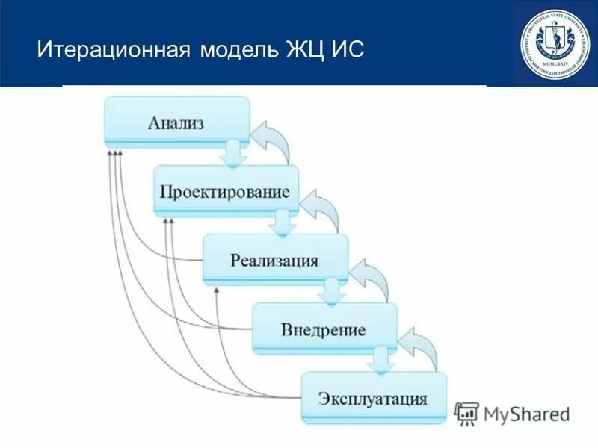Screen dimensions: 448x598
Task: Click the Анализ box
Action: tap(176, 122)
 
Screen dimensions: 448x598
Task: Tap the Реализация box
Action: tap(275, 260)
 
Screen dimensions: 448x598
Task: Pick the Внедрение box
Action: tap(324, 329)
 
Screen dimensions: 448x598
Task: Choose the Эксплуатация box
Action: tap(373, 397)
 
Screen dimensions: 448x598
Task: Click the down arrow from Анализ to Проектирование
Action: tap(232, 153)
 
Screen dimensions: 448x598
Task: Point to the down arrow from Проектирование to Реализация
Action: tap(282, 223)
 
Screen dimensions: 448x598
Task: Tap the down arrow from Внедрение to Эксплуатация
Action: tap(379, 360)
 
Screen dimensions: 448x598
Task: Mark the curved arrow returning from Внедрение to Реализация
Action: tap(373, 279)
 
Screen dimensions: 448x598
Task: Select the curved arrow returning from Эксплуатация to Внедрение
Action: tap(422, 347)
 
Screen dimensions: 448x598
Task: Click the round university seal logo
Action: tap(555, 43)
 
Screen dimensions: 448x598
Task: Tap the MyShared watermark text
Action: tap(526, 414)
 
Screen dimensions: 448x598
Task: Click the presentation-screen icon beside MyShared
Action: tap(467, 414)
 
